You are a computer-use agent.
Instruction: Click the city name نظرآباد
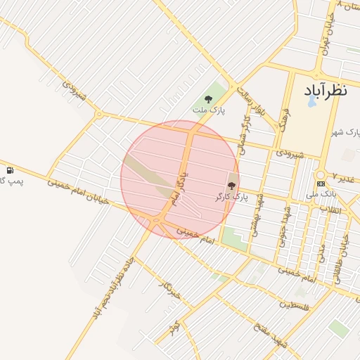(326, 91)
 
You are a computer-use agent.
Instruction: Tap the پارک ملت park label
(210, 110)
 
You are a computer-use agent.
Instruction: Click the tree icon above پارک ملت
(209, 99)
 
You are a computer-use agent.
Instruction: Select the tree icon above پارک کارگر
(232, 185)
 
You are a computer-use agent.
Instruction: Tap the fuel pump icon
(10, 171)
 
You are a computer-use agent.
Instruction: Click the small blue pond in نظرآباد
(311, 101)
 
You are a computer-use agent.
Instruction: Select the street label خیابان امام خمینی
(77, 190)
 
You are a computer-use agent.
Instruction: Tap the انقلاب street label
(330, 209)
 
